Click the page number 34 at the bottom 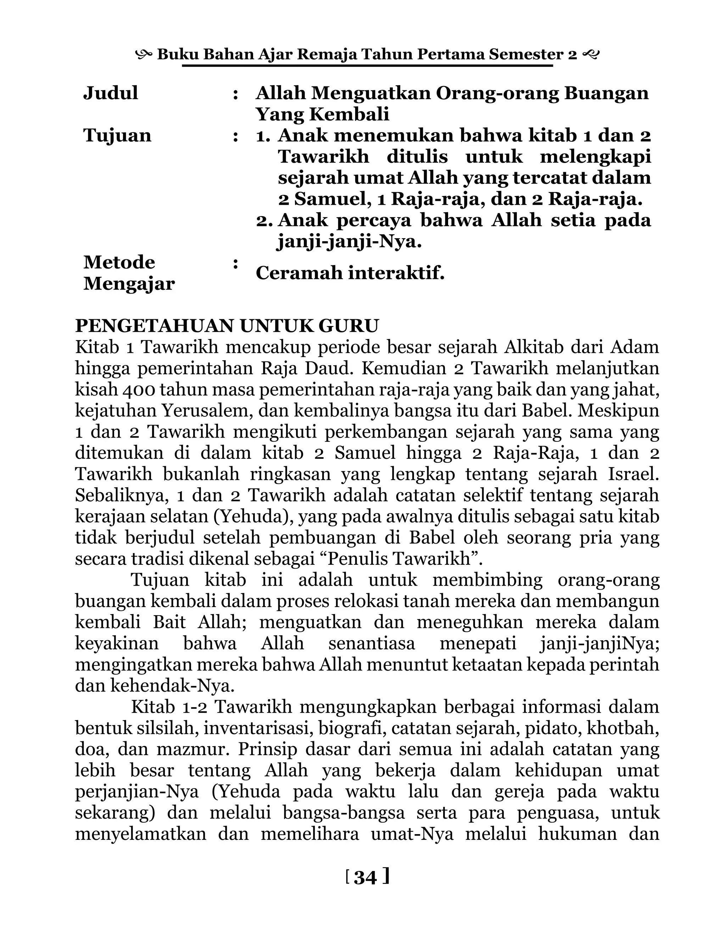[x=365, y=877]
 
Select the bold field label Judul [x=111, y=93]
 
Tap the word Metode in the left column [x=119, y=262]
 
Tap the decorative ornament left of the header [x=144, y=55]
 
